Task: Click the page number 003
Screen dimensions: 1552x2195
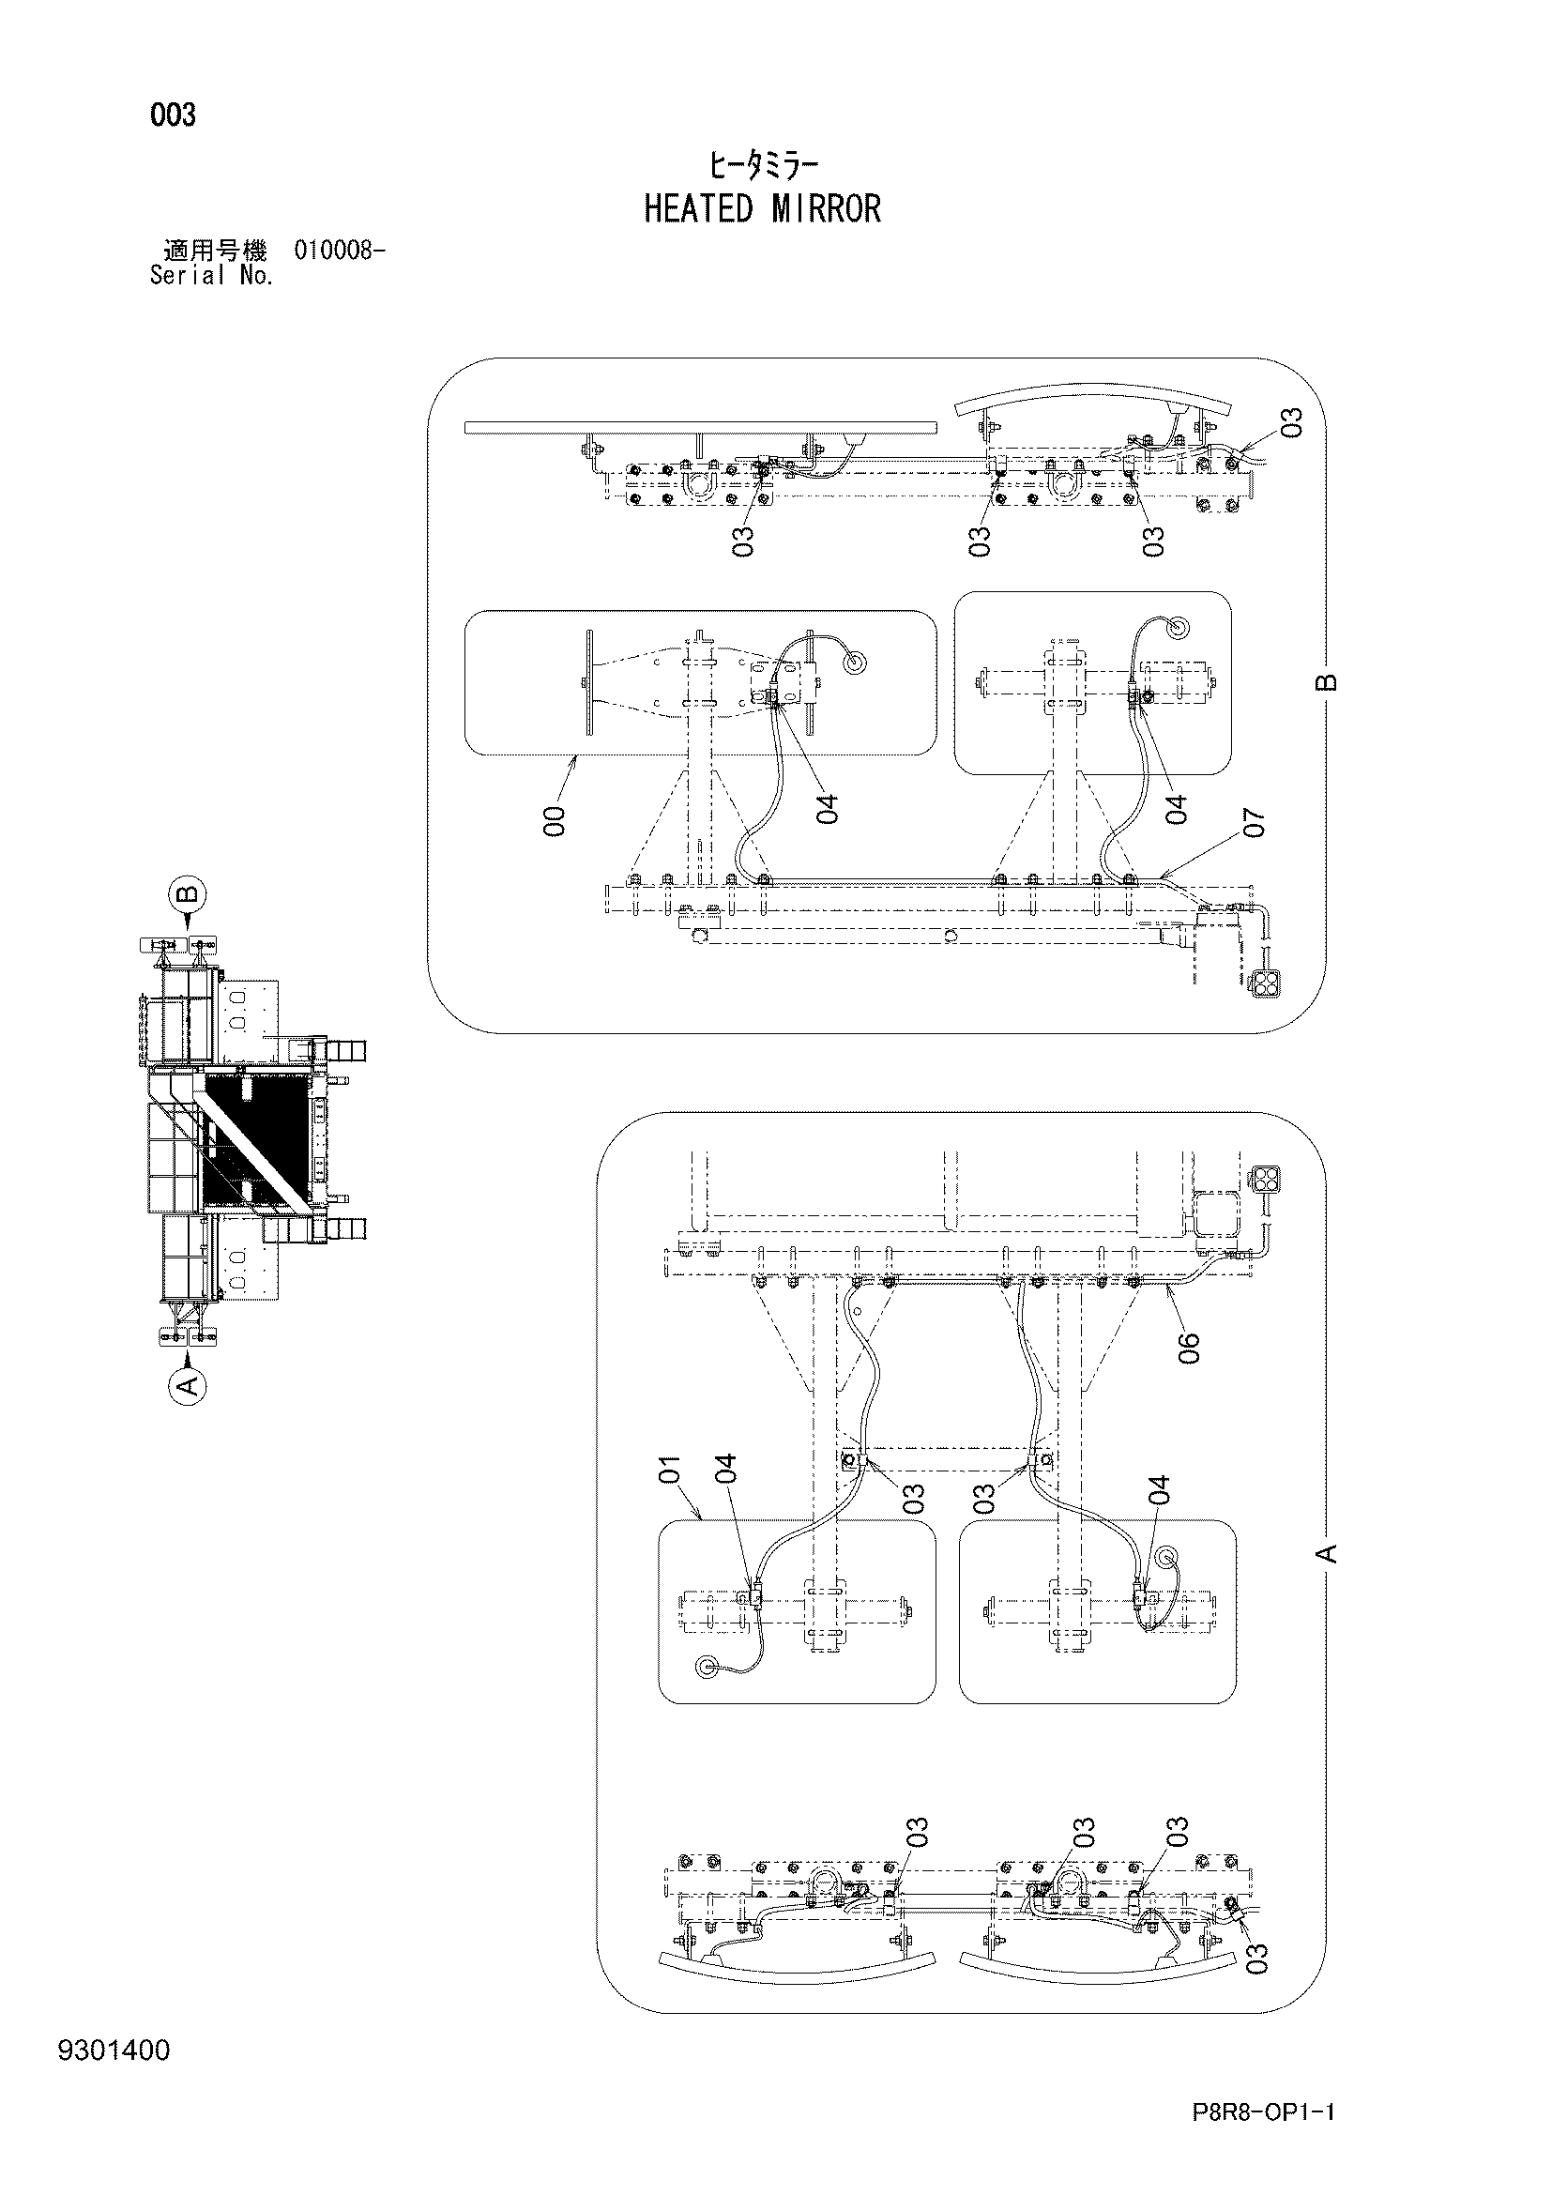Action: click(173, 115)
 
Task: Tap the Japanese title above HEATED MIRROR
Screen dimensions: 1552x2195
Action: click(763, 166)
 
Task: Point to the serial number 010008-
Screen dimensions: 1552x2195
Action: click(341, 252)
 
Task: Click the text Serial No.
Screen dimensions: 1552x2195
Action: click(212, 276)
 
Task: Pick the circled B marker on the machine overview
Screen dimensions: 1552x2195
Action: click(189, 896)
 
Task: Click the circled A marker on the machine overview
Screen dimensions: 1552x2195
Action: click(189, 1382)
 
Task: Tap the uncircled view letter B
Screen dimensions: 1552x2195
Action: click(1326, 681)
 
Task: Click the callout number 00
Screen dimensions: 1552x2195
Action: click(555, 821)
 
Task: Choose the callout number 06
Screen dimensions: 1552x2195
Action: click(1188, 1347)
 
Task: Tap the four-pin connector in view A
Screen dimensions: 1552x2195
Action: click(1264, 1180)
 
